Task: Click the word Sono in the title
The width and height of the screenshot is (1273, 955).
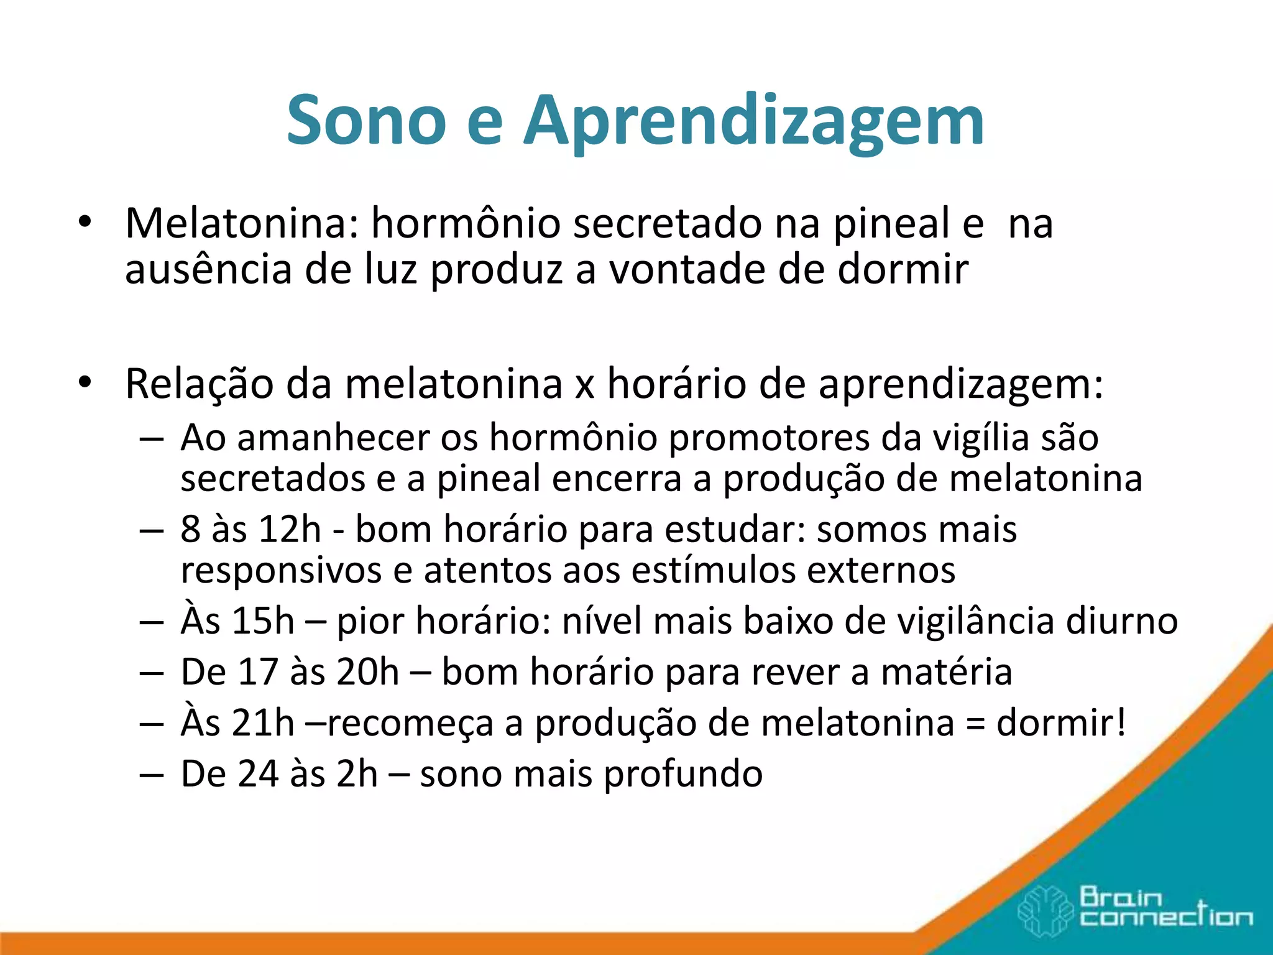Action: point(366,119)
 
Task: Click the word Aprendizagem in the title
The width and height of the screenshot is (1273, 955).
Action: point(753,122)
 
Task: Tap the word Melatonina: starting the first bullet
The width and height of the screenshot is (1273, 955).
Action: point(242,223)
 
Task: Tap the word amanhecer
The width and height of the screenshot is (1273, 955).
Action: point(333,438)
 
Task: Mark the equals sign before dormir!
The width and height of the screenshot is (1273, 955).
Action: point(975,724)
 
